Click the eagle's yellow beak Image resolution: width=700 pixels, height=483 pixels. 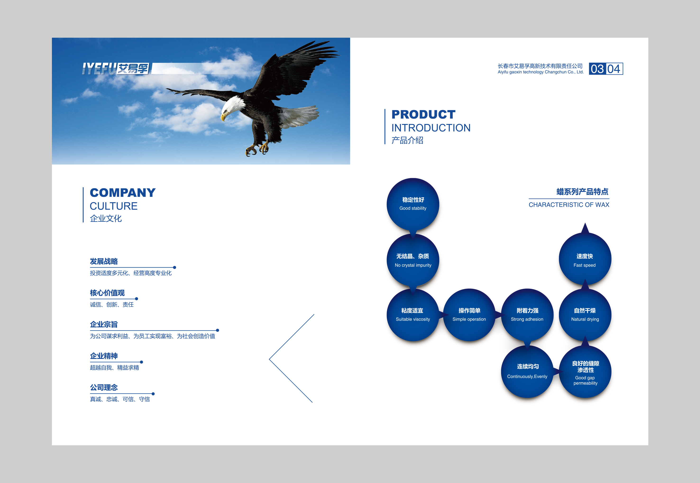(224, 116)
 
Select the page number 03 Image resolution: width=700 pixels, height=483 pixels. (597, 69)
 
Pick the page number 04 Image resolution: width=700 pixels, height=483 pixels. (614, 69)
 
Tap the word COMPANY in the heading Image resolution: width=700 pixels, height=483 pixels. (123, 193)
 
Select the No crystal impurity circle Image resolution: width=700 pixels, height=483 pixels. (413, 260)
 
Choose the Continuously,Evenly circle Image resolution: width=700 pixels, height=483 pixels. (527, 372)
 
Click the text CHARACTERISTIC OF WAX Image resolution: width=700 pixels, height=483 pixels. (569, 205)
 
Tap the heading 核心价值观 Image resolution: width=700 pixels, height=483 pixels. (107, 293)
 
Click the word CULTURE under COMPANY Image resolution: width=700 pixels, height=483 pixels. (114, 206)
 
